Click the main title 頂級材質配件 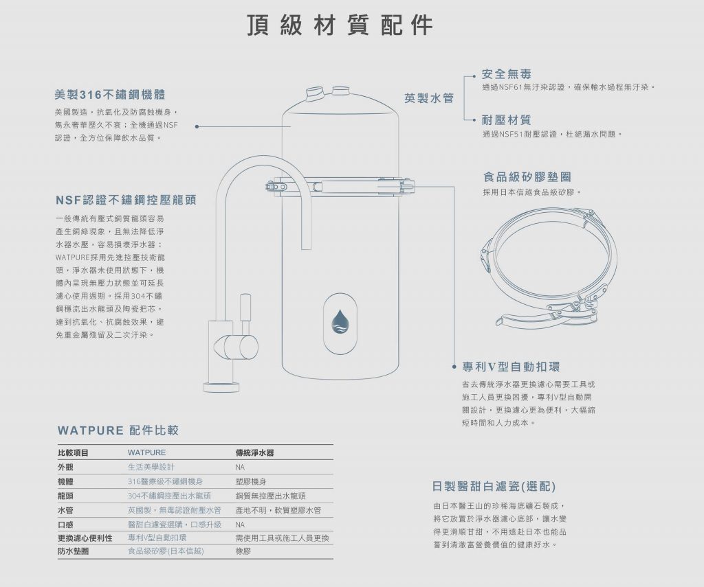340,25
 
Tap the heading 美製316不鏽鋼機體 110,95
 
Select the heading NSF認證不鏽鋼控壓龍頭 126,200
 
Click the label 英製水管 429,98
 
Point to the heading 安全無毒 507,74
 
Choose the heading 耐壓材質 507,120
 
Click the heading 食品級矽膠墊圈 527,177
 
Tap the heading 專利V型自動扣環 511,367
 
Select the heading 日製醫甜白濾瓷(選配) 494,487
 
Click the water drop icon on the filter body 340,322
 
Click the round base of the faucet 221,387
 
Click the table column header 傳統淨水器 254,453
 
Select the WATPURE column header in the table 147,453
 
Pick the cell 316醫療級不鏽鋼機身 165,482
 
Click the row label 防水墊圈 73,551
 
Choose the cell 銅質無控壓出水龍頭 270,496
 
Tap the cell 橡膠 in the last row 243,551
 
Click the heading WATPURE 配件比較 118,430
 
